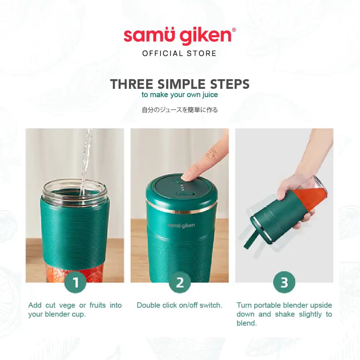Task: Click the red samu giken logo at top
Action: point(177,37)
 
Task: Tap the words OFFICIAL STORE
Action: point(179,54)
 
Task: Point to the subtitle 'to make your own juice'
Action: point(179,95)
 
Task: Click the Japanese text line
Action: point(179,110)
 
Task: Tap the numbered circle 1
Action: point(75,283)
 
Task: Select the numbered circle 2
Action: point(179,283)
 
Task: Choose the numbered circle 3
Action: point(284,283)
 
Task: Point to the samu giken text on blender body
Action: point(181,225)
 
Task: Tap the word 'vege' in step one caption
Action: point(68,306)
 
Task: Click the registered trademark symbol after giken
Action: point(234,30)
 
